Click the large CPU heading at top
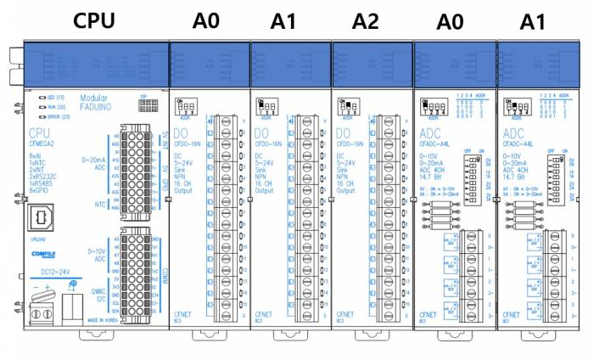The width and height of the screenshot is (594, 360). point(93,20)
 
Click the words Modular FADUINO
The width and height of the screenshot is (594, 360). point(93,104)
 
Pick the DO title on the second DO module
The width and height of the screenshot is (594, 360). point(261,134)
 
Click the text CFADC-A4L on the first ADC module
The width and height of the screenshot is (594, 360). point(435,144)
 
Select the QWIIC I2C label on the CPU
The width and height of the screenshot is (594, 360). point(98,291)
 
